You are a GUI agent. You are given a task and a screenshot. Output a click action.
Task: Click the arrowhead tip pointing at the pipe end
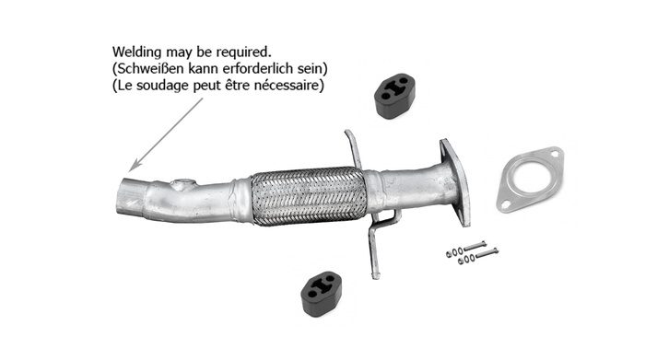pos(131,170)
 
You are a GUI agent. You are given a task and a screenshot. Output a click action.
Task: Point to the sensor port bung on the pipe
pos(187,184)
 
